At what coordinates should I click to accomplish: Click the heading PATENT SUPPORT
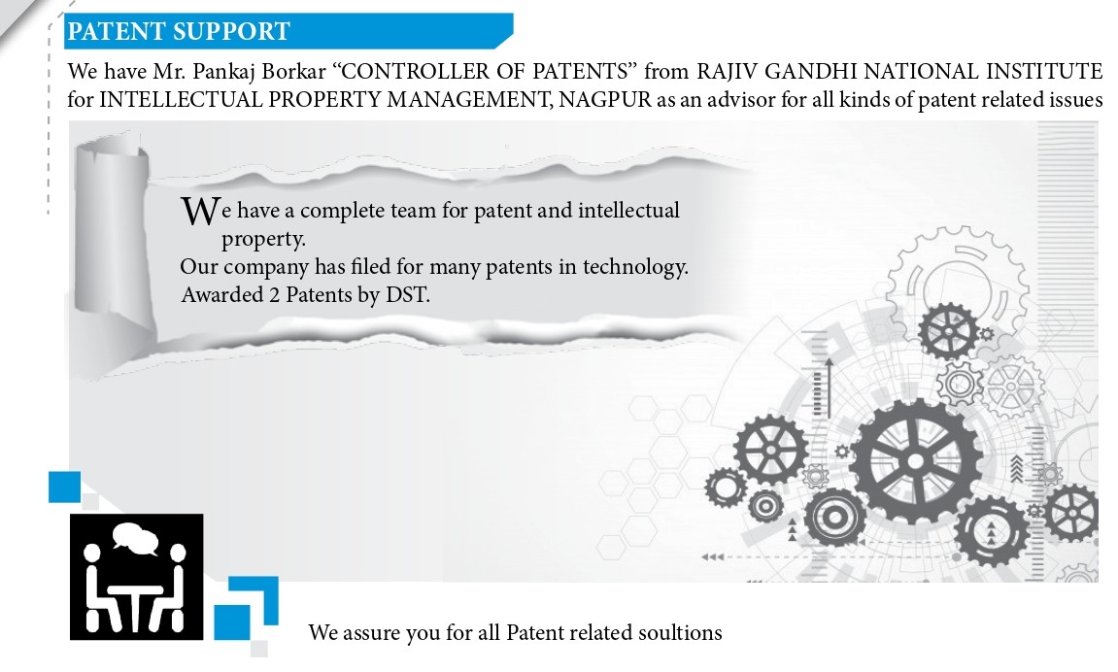(x=179, y=31)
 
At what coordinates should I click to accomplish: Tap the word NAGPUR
(x=605, y=99)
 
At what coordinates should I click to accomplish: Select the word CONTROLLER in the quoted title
(x=417, y=71)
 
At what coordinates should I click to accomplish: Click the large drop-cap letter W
(x=200, y=211)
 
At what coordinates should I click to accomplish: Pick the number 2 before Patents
(x=274, y=294)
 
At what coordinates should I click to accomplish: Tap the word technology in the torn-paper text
(x=634, y=267)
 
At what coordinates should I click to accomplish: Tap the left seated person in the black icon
(x=98, y=588)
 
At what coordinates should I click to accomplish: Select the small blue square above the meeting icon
(x=64, y=487)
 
